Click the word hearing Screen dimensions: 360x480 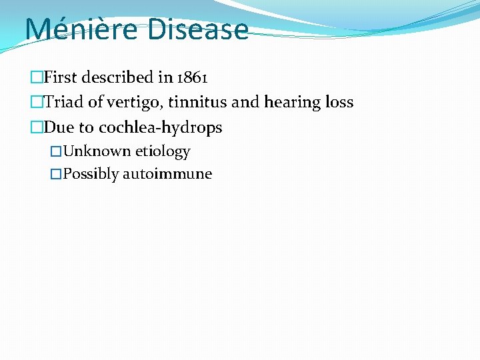[289, 103]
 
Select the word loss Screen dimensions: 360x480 [336, 102]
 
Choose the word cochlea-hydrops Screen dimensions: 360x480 [160, 127]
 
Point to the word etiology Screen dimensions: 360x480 [163, 152]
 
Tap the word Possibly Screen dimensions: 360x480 [91, 175]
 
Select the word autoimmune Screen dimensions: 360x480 [167, 174]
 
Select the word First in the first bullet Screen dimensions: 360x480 [61, 77]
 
